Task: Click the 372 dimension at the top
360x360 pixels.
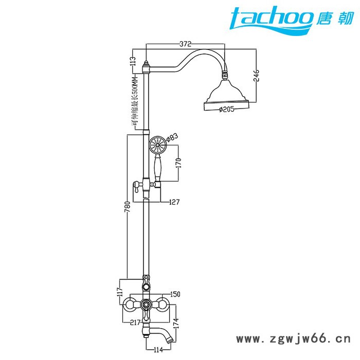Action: pyautogui.click(x=185, y=44)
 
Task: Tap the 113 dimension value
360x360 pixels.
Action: pyautogui.click(x=133, y=61)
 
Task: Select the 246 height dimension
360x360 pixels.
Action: pyautogui.click(x=256, y=76)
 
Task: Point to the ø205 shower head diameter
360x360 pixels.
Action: pyautogui.click(x=227, y=109)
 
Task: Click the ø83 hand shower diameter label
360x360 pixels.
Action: pyautogui.click(x=172, y=137)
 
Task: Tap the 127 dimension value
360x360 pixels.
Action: pyautogui.click(x=174, y=202)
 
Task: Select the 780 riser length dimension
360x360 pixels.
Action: pyautogui.click(x=128, y=207)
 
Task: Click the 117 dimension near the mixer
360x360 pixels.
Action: pyautogui.click(x=120, y=292)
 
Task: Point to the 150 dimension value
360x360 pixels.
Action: pyautogui.click(x=175, y=294)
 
